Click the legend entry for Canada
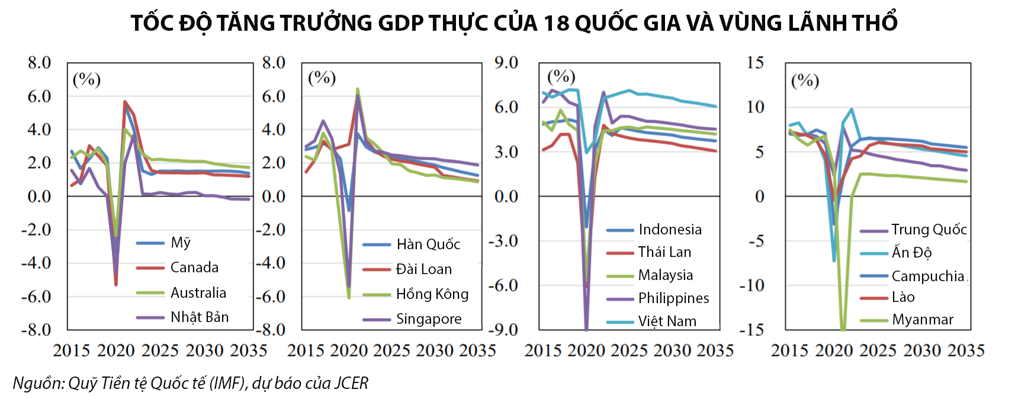point(194,268)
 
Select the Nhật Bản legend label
point(200,317)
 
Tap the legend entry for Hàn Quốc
point(428,244)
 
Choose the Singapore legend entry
point(428,319)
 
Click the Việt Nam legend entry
point(667,321)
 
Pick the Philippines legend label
point(673,298)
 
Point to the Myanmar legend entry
point(922,320)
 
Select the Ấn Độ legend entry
point(911,253)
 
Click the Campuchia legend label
point(927,276)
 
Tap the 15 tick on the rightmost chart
point(756,63)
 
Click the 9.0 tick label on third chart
point(506,63)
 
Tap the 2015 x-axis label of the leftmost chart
point(72,351)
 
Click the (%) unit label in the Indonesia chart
point(561,77)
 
